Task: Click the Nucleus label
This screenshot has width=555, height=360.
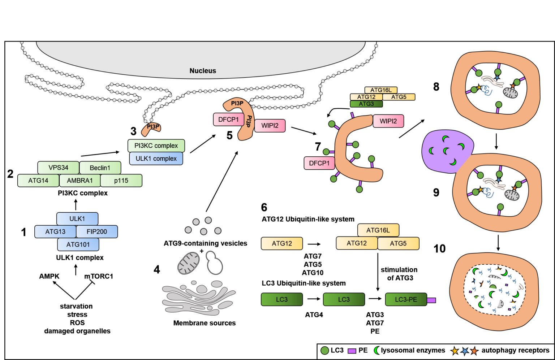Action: [203, 71]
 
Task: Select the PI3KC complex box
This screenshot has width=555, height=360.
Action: [156, 146]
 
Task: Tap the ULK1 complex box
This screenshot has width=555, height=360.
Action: [156, 159]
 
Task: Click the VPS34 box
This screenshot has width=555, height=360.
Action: [58, 168]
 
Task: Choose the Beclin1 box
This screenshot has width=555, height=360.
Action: [100, 168]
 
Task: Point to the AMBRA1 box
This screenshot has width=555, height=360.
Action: [80, 181]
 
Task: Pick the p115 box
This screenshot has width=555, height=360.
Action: [121, 181]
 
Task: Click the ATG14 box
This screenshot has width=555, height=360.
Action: [38, 181]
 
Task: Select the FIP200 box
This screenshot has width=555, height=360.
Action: [97, 231]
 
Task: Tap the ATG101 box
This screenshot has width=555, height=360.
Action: [78, 244]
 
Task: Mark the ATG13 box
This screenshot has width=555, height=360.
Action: [55, 231]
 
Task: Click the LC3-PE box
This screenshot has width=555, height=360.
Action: [406, 299]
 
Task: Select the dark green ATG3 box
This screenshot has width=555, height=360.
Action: [366, 104]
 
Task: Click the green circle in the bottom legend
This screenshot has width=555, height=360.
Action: [325, 350]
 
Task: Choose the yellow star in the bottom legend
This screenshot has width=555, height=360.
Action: [455, 351]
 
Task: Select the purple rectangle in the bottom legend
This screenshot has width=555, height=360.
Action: [352, 351]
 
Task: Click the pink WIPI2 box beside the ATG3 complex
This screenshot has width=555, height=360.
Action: [388, 121]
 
